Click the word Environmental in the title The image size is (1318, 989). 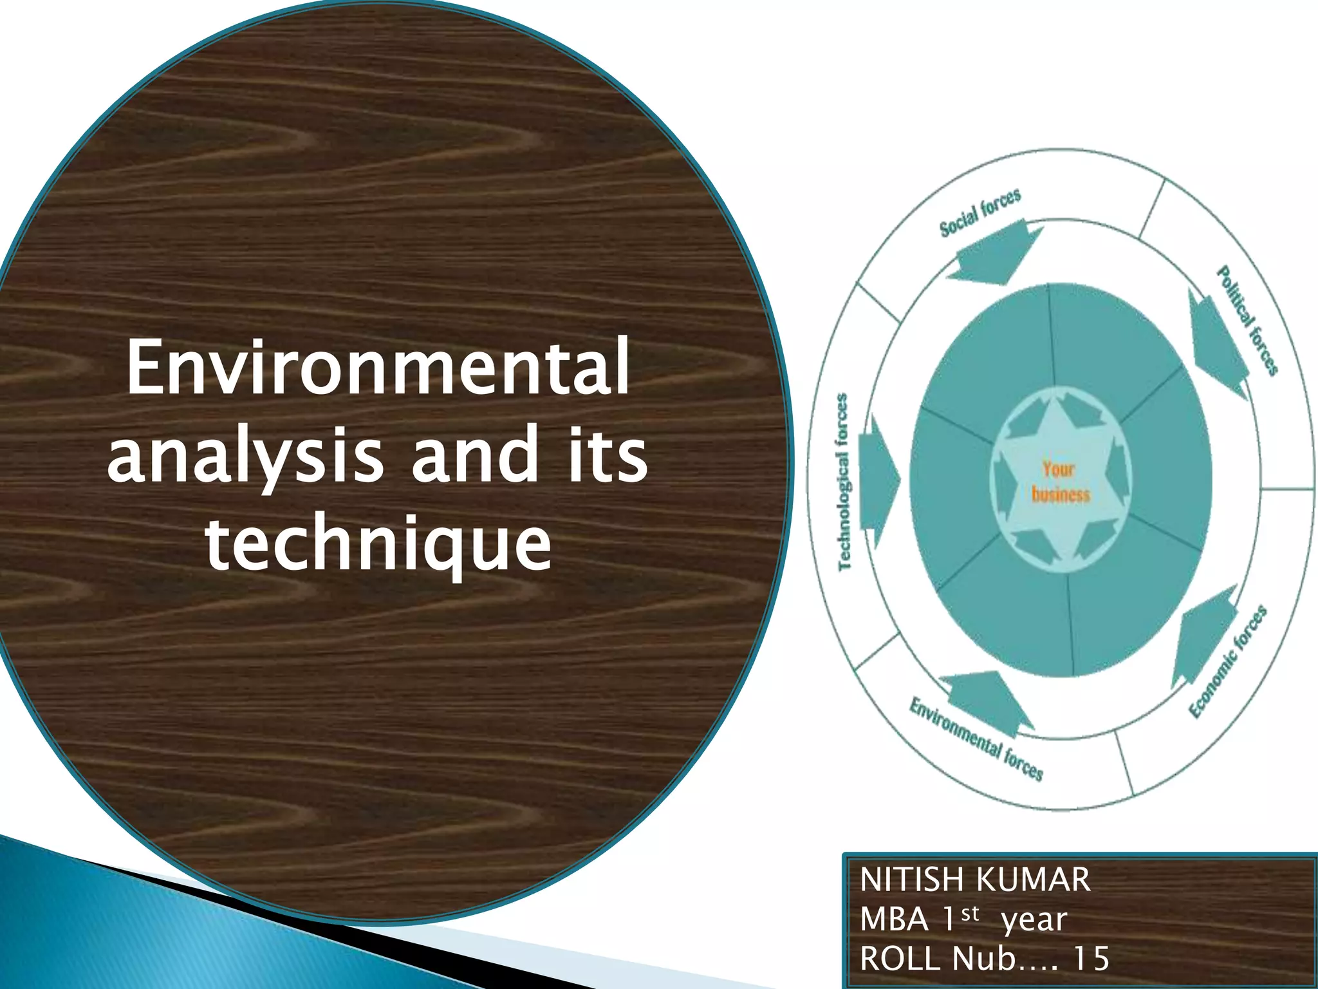tap(378, 368)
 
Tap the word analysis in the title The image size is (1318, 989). tap(245, 456)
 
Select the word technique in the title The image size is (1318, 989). tap(378, 544)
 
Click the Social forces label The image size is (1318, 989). tap(980, 213)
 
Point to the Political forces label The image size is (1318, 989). tap(1247, 320)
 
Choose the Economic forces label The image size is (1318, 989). tap(1228, 661)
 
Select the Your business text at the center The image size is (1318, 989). tap(1060, 481)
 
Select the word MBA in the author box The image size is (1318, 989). tap(894, 919)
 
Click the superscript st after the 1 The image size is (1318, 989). tap(970, 913)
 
